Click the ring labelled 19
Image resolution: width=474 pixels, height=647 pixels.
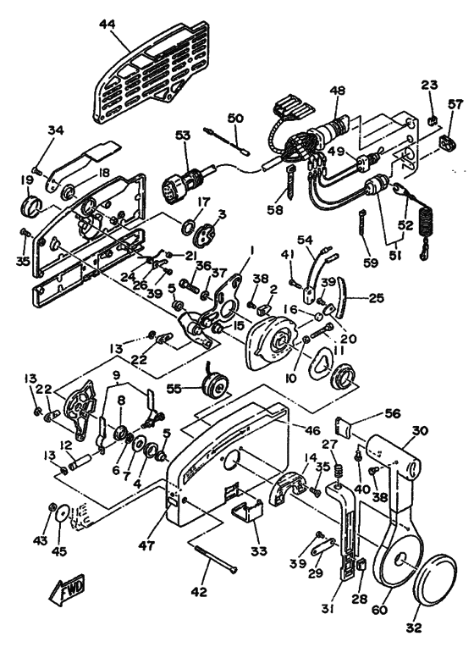[30, 206]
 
